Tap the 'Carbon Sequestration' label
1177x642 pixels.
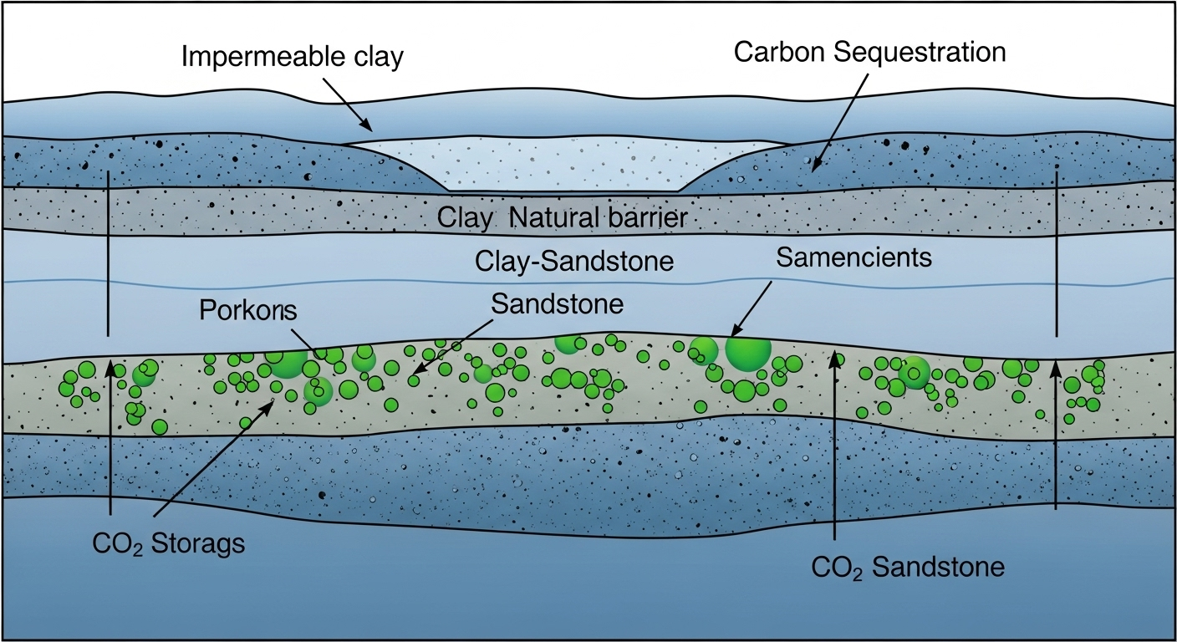(869, 52)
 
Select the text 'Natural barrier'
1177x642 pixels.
(598, 219)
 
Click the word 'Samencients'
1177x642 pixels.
(853, 257)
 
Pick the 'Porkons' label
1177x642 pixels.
(247, 311)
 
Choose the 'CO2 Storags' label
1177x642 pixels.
(169, 543)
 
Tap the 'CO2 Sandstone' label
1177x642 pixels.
(907, 568)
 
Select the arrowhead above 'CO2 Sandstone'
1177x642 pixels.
(834, 358)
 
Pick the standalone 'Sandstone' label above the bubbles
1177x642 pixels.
(557, 303)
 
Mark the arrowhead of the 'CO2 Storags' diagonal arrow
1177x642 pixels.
(272, 403)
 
